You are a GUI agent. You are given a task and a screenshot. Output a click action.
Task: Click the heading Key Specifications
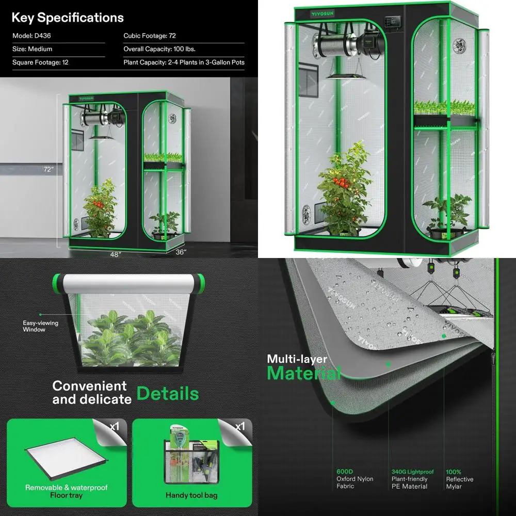pos(68,18)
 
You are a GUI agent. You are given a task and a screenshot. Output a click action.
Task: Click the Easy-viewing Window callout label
pos(40,326)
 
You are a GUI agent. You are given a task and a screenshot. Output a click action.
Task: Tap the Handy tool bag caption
pos(191,495)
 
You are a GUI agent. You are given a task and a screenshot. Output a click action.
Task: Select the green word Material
pos(304,373)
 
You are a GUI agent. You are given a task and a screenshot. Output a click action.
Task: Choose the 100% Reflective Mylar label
pos(460,479)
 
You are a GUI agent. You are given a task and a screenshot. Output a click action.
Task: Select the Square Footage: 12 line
pos(40,62)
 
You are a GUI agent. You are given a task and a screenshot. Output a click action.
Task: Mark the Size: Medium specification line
pos(32,49)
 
